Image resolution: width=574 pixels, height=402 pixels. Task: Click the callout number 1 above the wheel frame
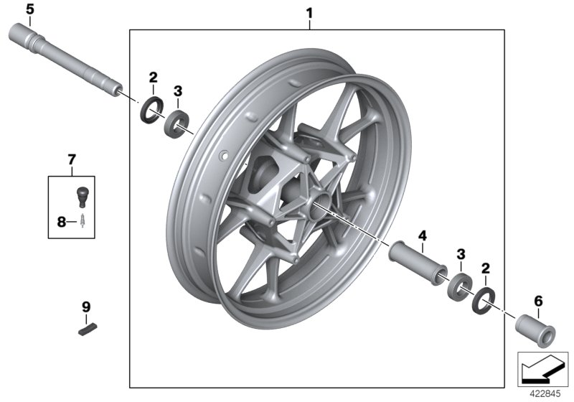[309, 13]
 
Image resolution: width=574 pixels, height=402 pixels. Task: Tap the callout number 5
[29, 9]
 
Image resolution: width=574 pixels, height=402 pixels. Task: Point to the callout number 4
[422, 235]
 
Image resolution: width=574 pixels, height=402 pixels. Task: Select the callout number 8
[62, 223]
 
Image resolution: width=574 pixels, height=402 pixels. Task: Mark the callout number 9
[86, 307]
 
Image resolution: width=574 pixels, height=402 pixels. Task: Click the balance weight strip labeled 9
[87, 330]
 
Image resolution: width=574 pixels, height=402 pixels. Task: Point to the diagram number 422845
[543, 393]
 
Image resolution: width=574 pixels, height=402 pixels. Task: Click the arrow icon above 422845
[539, 368]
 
